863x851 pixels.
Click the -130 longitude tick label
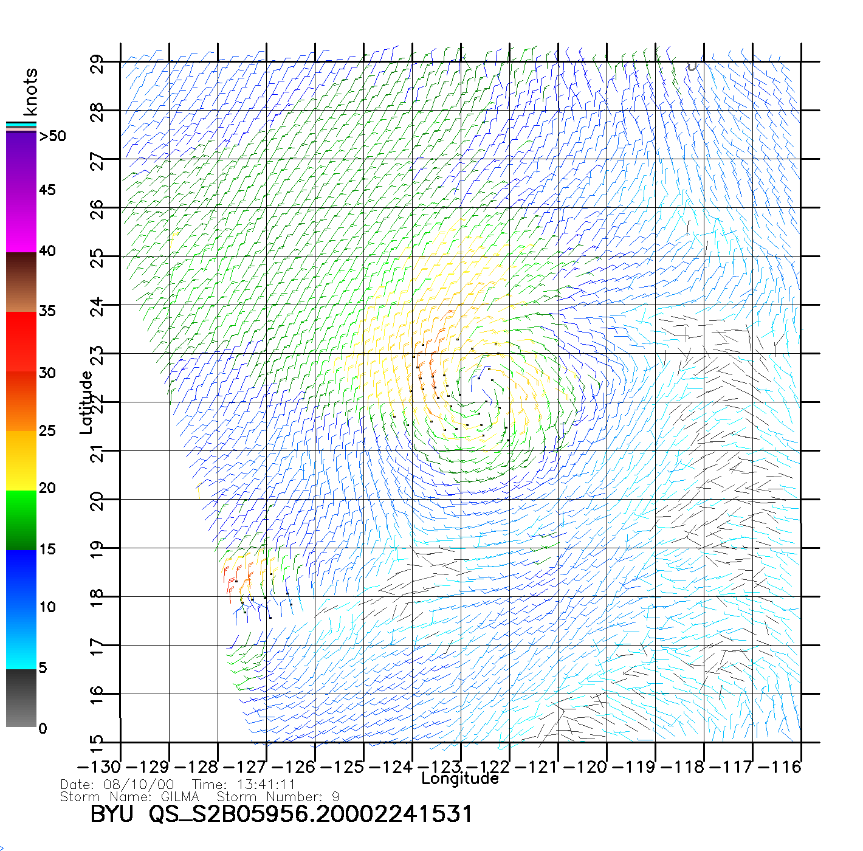pyautogui.click(x=99, y=767)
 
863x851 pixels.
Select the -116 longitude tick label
pyautogui.click(x=780, y=767)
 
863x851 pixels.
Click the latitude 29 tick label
pyautogui.click(x=97, y=63)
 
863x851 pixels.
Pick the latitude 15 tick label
pyautogui.click(x=97, y=743)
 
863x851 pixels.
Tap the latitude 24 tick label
pyautogui.click(x=97, y=306)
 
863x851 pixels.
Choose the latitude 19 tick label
pyautogui.click(x=97, y=548)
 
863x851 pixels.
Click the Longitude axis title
pyautogui.click(x=460, y=779)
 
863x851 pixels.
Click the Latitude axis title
pyautogui.click(x=86, y=402)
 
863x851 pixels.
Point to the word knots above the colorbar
pyautogui.click(x=30, y=92)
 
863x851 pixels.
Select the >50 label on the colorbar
pyautogui.click(x=52, y=136)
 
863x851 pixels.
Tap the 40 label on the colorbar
pyautogui.click(x=47, y=250)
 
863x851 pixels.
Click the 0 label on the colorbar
pyautogui.click(x=43, y=728)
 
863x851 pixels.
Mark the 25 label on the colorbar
pyautogui.click(x=47, y=431)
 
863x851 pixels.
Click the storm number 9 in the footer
pyautogui.click(x=335, y=796)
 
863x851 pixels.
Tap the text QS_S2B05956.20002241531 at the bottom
pyautogui.click(x=311, y=814)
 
